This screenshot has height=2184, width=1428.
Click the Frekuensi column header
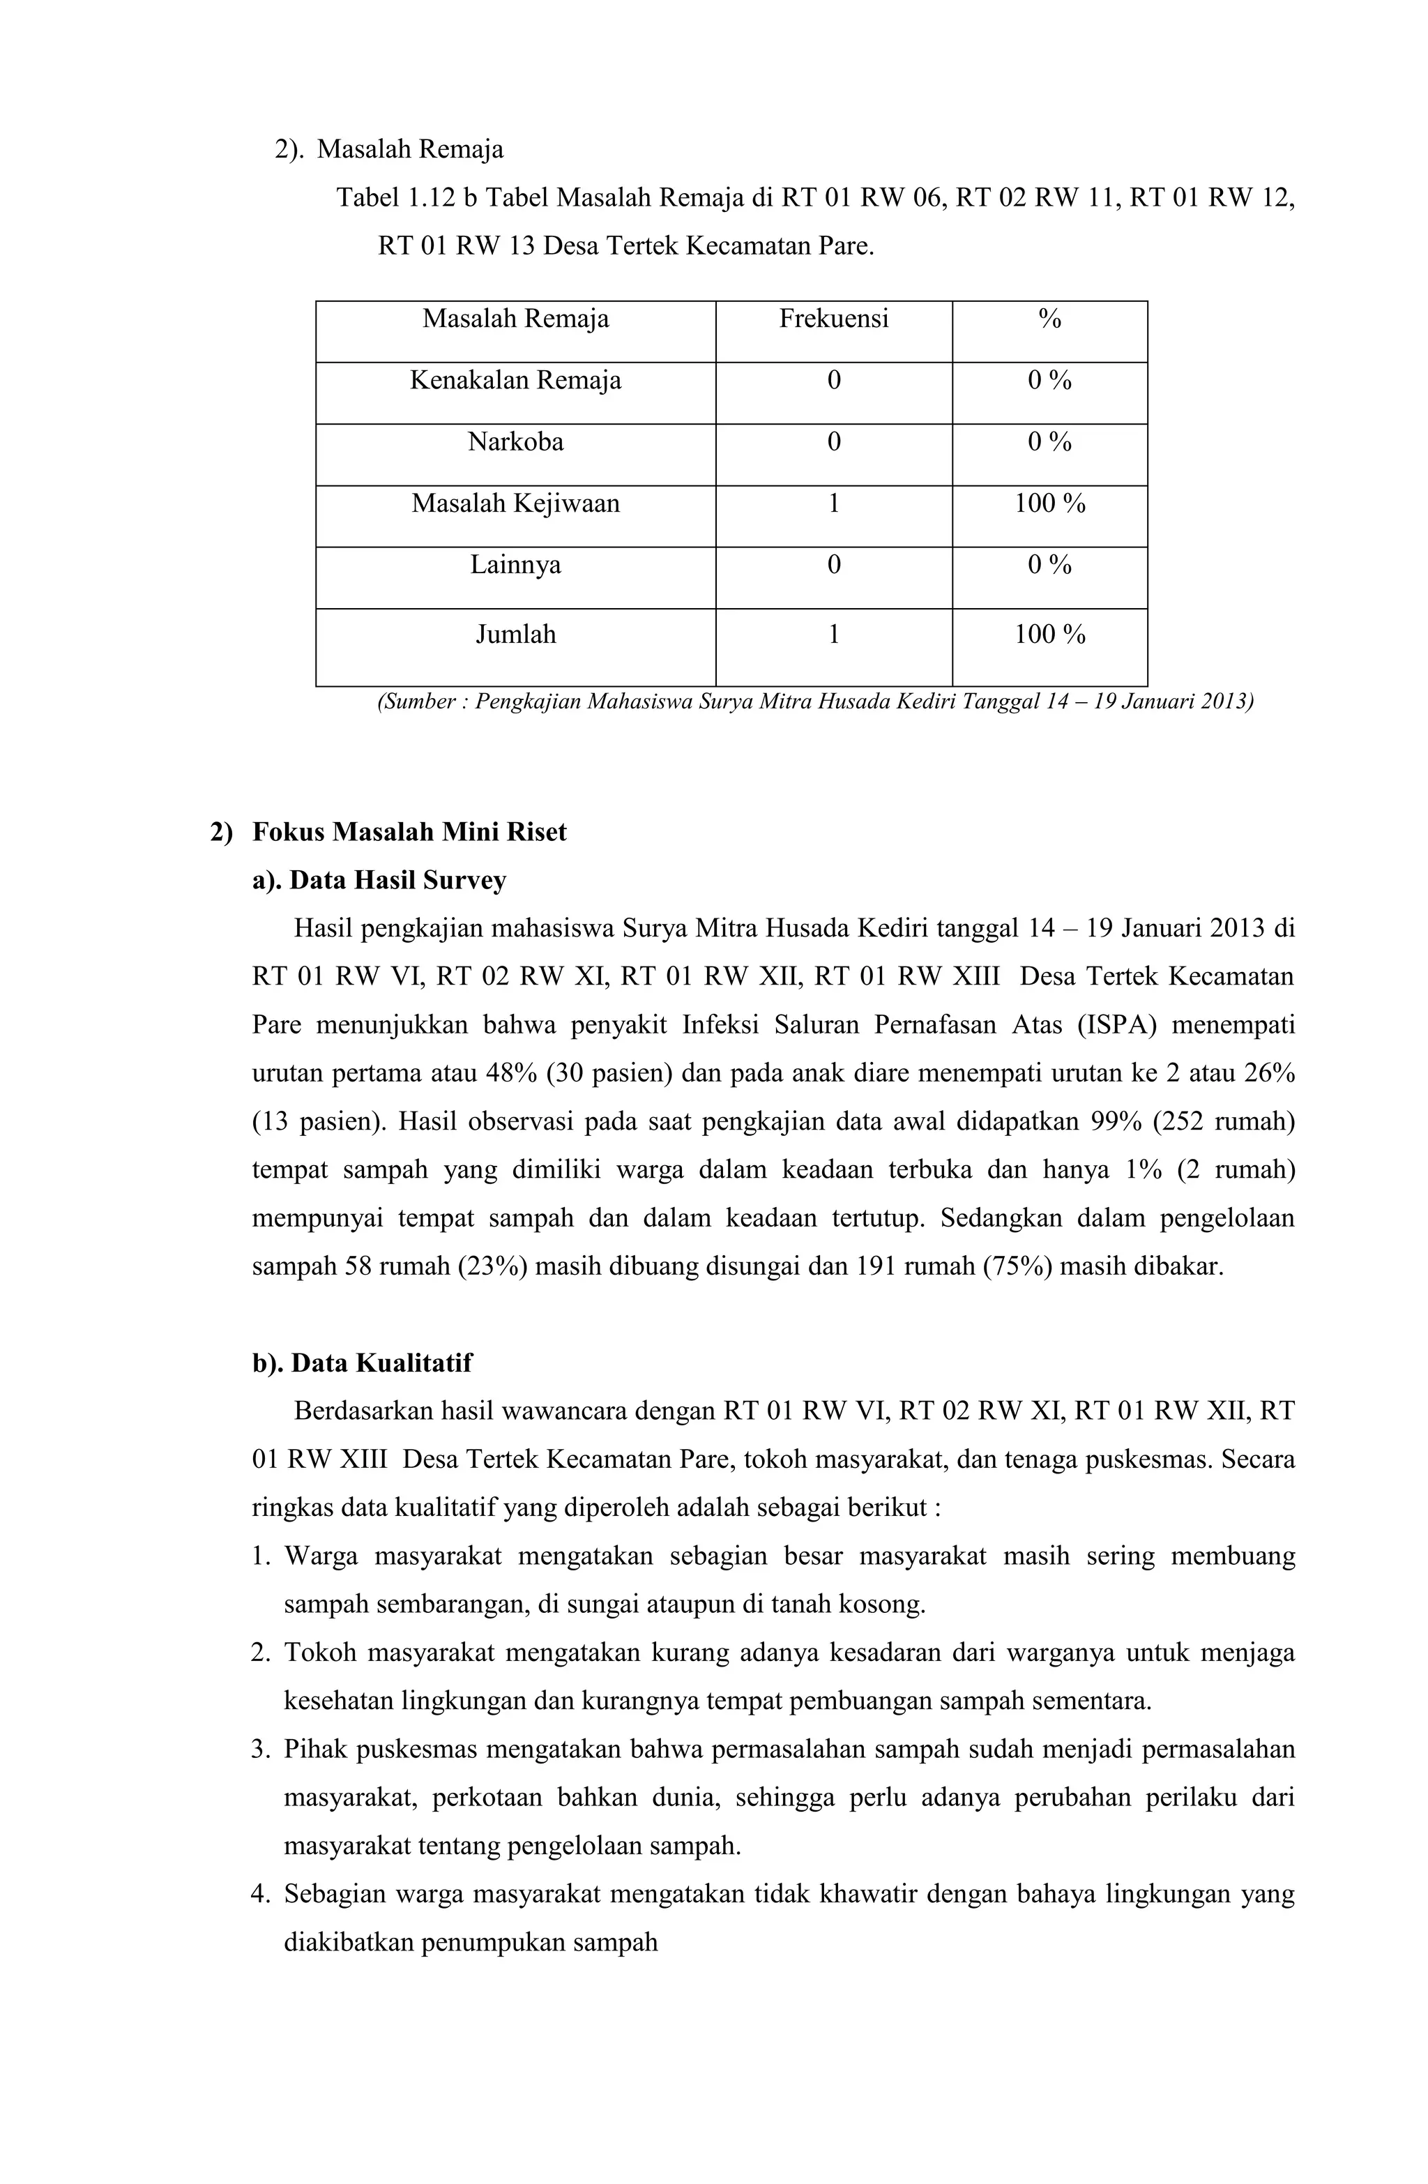click(833, 319)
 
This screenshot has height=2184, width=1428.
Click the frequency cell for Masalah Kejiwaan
click(833, 503)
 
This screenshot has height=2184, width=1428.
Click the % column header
click(1049, 319)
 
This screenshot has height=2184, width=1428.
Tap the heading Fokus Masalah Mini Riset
click(409, 833)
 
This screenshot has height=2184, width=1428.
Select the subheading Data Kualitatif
click(380, 1363)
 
